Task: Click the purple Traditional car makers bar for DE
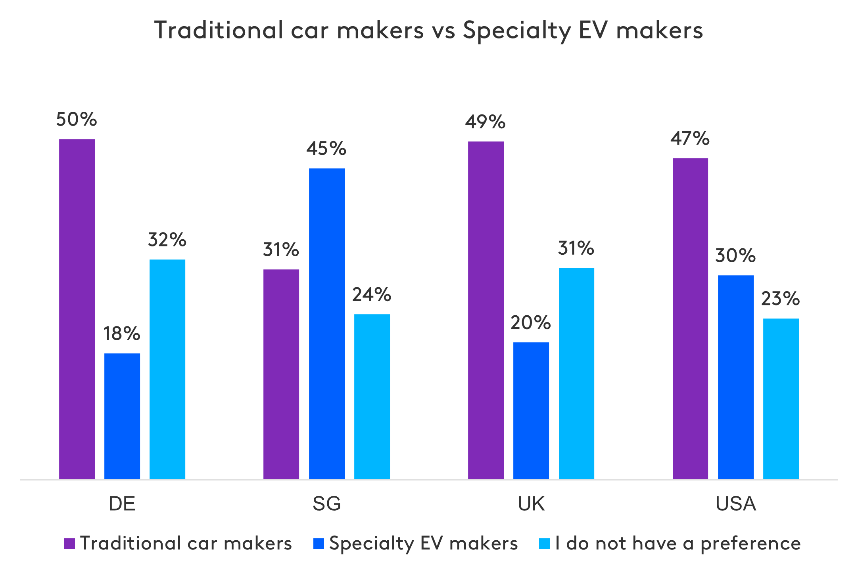77,309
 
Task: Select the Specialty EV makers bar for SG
327,324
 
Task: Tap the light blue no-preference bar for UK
576,373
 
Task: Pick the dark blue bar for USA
736,377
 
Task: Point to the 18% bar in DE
122,416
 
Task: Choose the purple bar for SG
281,374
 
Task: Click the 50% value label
77,119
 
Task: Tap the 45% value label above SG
326,149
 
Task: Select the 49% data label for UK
486,122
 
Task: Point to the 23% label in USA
780,299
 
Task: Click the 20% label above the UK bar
531,323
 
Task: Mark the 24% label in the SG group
372,294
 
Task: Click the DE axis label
122,504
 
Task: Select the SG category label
327,504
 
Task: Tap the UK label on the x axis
531,504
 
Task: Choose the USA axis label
736,504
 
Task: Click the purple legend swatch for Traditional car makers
70,543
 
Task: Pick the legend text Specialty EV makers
423,543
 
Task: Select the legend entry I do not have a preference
678,543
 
